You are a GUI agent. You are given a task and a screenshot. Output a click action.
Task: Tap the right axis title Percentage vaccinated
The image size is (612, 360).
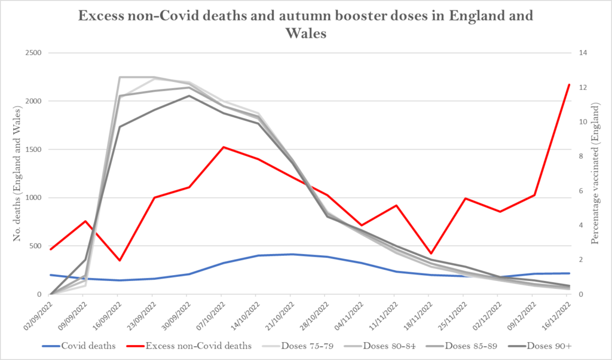(595, 173)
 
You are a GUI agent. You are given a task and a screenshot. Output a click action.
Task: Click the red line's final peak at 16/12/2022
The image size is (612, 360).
(569, 84)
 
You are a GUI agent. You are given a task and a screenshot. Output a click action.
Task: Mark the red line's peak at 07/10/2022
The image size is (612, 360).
(222, 147)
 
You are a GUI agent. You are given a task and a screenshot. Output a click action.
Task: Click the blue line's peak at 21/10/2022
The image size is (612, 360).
(291, 254)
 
